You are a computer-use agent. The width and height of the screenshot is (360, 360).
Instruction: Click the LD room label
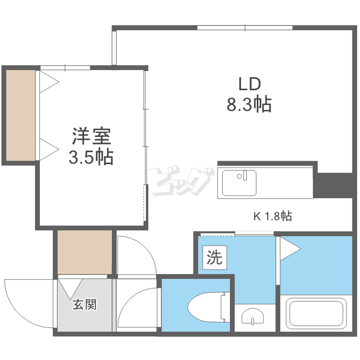[x=250, y=84]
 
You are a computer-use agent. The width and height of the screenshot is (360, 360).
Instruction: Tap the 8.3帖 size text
[x=249, y=104]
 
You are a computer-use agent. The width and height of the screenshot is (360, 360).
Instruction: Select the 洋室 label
[x=91, y=137]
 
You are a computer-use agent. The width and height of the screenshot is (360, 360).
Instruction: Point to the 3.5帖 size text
[x=91, y=157]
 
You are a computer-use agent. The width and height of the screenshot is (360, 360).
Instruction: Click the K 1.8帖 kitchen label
[x=272, y=216]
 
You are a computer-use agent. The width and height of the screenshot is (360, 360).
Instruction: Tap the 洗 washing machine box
[x=215, y=258]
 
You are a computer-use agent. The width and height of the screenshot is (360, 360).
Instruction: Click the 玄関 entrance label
[x=85, y=304]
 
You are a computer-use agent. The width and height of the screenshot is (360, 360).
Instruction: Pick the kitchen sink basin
[x=239, y=182]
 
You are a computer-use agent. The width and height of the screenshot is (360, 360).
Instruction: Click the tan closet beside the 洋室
[x=21, y=115]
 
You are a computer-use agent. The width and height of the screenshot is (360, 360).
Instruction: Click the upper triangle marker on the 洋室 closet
[x=48, y=82]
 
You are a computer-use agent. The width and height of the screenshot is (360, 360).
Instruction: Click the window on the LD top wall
[x=245, y=27]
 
